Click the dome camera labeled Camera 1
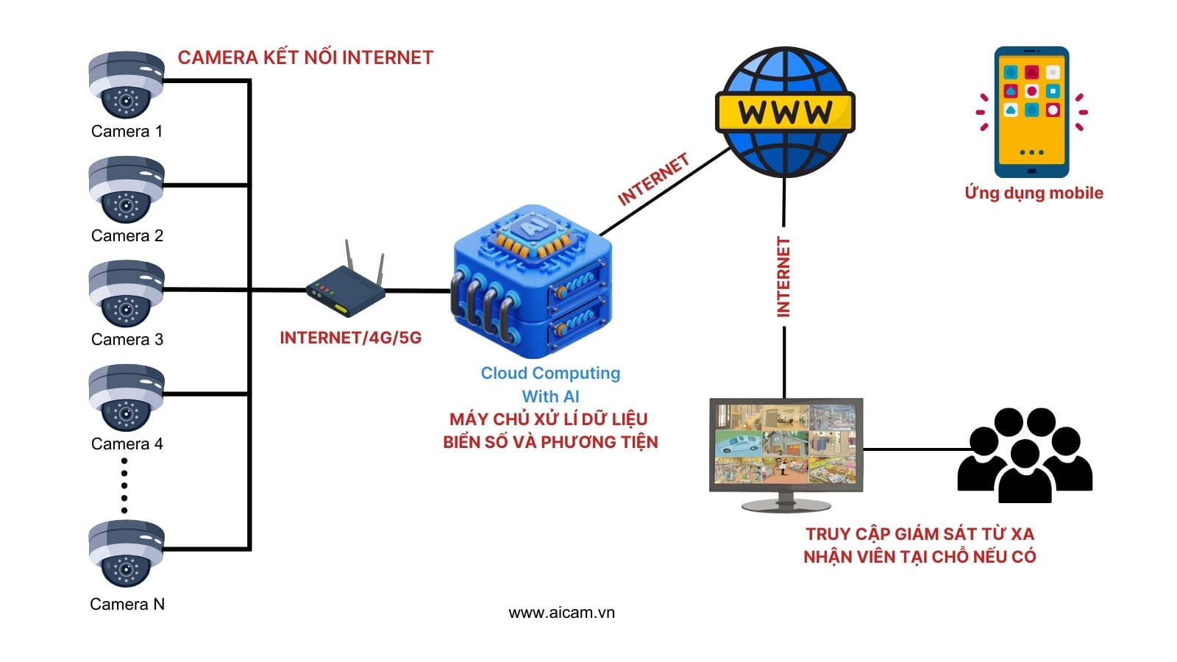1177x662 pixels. tap(126, 85)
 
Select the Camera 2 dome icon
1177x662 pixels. tap(126, 189)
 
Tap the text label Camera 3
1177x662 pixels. tap(127, 340)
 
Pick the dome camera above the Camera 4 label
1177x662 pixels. tap(126, 398)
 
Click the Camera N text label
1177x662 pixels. tap(127, 605)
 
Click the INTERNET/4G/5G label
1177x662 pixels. tap(350, 338)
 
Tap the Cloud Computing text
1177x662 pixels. tap(550, 374)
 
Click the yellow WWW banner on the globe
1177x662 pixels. tap(785, 113)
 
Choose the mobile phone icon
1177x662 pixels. tap(1031, 112)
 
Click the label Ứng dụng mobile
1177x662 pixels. tap(1034, 193)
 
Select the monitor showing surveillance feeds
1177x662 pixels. tap(786, 450)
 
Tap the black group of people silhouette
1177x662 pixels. tap(1024, 456)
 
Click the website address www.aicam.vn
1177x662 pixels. tap(561, 613)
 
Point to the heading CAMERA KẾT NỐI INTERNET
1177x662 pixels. tap(305, 58)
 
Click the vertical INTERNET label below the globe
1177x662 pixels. tap(783, 277)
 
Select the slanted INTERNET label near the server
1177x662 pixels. tap(653, 179)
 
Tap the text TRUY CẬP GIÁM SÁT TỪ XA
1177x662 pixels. tap(920, 534)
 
